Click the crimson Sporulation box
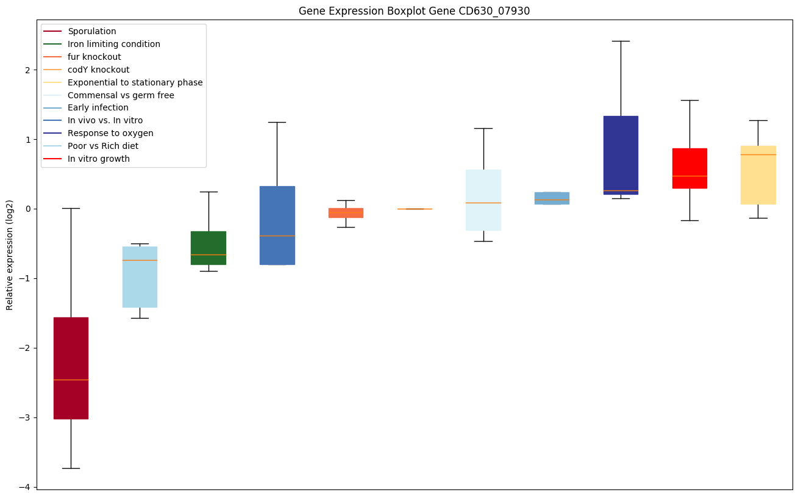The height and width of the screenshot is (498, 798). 71,354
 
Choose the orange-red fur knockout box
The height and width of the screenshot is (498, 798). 346,213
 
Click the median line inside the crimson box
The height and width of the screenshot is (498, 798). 71,380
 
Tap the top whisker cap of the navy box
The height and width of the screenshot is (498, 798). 621,41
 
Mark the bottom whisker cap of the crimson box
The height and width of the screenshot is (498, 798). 71,468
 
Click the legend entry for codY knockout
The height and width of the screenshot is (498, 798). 98,70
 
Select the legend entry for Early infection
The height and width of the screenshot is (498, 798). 98,108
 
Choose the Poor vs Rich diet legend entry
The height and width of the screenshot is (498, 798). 102,146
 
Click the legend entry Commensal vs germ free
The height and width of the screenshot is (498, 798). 121,95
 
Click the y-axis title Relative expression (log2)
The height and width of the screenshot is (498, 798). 10,254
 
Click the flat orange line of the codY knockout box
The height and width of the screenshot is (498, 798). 415,209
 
